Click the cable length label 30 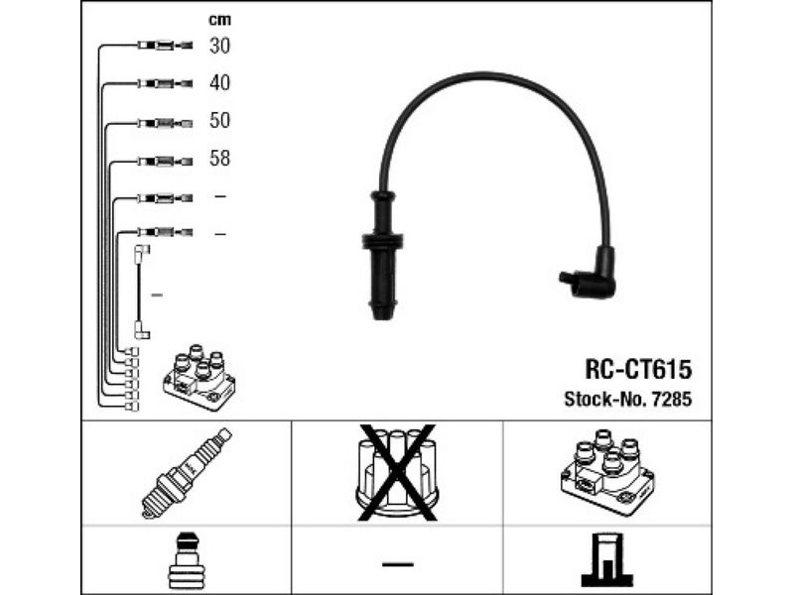219,46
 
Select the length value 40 219,83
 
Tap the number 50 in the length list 219,121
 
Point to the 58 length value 219,159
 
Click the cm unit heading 219,19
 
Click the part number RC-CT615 637,370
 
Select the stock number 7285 674,400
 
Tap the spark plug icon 186,472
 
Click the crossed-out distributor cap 397,472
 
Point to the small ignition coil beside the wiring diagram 202,377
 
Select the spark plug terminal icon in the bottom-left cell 186,562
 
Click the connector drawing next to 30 164,46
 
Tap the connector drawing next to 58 164,160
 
